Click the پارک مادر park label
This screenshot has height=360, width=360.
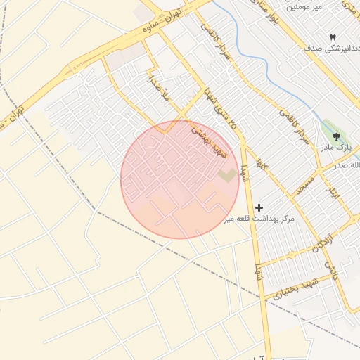(x=335, y=147)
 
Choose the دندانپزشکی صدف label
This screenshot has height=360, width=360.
(x=327, y=49)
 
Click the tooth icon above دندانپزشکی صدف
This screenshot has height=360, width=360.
(x=333, y=37)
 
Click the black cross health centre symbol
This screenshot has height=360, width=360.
(x=259, y=207)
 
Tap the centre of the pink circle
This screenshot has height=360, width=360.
(x=179, y=179)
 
